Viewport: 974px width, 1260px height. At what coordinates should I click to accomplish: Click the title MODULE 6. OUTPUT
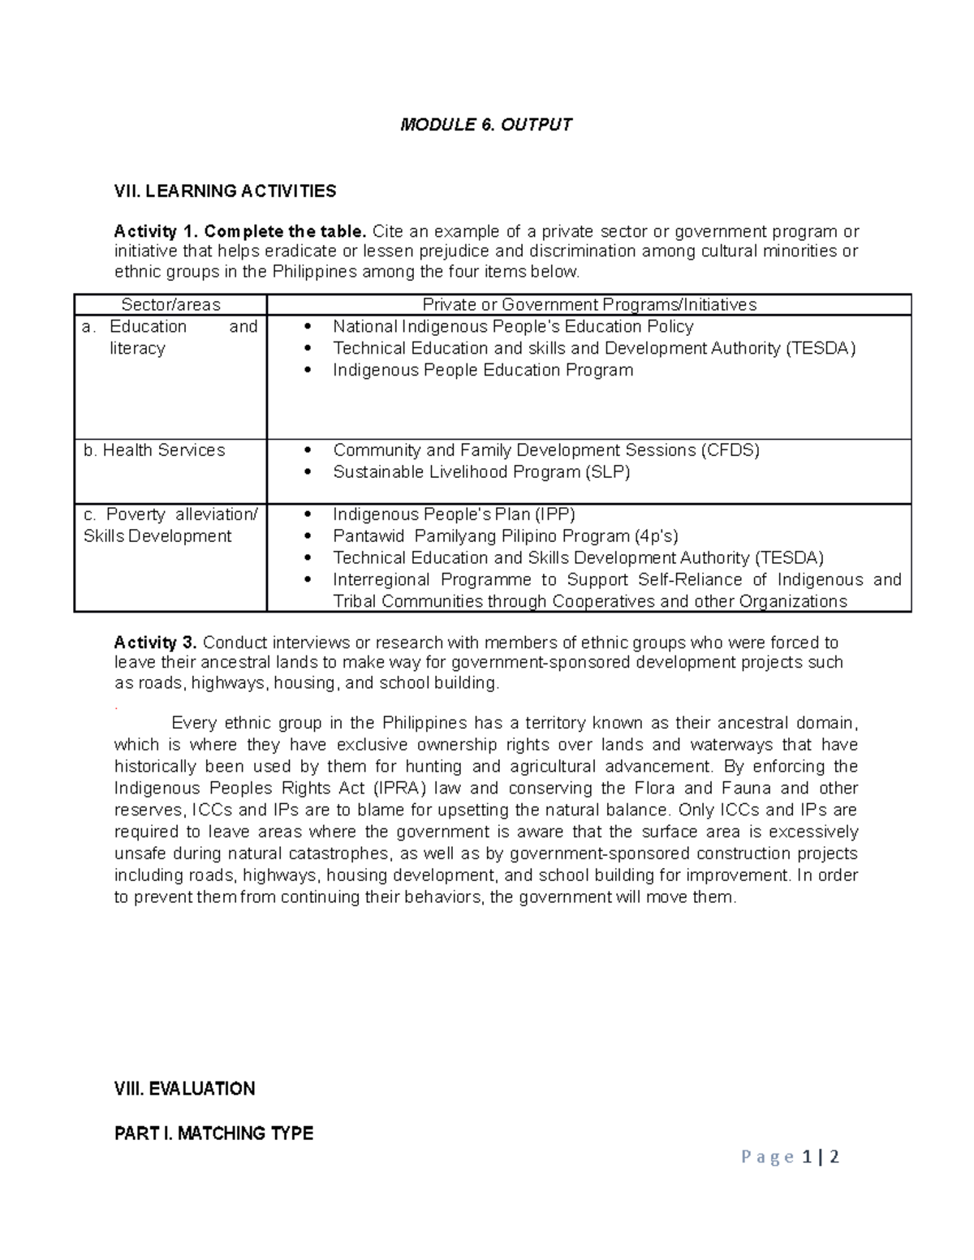click(486, 124)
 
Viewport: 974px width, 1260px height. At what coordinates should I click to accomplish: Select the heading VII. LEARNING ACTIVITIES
click(225, 191)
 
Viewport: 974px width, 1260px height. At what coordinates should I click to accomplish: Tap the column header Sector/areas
click(170, 305)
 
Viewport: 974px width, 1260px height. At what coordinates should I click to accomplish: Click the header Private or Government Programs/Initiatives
click(589, 305)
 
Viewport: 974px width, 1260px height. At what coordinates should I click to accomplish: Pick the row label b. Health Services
click(154, 450)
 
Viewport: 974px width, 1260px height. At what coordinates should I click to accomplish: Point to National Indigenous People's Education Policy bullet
click(513, 327)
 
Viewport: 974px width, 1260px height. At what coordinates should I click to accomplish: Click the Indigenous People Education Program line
click(483, 371)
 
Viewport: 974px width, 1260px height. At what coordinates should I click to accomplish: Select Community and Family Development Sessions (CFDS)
click(546, 450)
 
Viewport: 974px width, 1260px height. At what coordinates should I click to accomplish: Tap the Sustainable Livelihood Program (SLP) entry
click(481, 472)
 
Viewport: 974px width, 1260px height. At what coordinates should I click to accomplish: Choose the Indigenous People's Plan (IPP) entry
click(454, 514)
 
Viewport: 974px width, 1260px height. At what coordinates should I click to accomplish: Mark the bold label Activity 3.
click(155, 643)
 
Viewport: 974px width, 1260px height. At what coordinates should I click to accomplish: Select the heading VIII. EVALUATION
click(185, 1089)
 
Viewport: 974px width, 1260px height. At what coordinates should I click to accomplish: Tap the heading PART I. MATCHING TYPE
click(213, 1133)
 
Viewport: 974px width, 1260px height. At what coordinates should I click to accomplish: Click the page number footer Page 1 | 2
click(790, 1157)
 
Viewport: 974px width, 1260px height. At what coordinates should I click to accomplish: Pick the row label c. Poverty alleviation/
click(170, 514)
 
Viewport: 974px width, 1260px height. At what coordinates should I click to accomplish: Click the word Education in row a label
click(148, 327)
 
